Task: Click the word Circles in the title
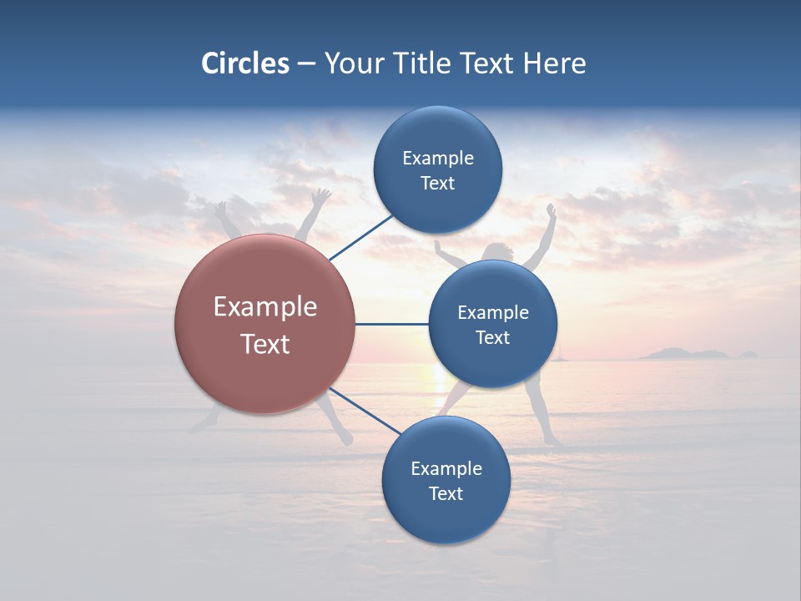tap(245, 63)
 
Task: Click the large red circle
tap(265, 324)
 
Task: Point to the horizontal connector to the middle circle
tap(391, 324)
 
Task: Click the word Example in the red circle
tap(265, 307)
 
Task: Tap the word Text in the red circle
tap(265, 344)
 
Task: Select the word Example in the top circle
tap(437, 159)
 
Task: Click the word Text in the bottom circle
tap(446, 494)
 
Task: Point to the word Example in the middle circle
tap(492, 313)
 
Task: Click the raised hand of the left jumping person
tap(320, 197)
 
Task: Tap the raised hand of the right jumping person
tap(551, 210)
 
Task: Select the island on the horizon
tap(684, 354)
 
